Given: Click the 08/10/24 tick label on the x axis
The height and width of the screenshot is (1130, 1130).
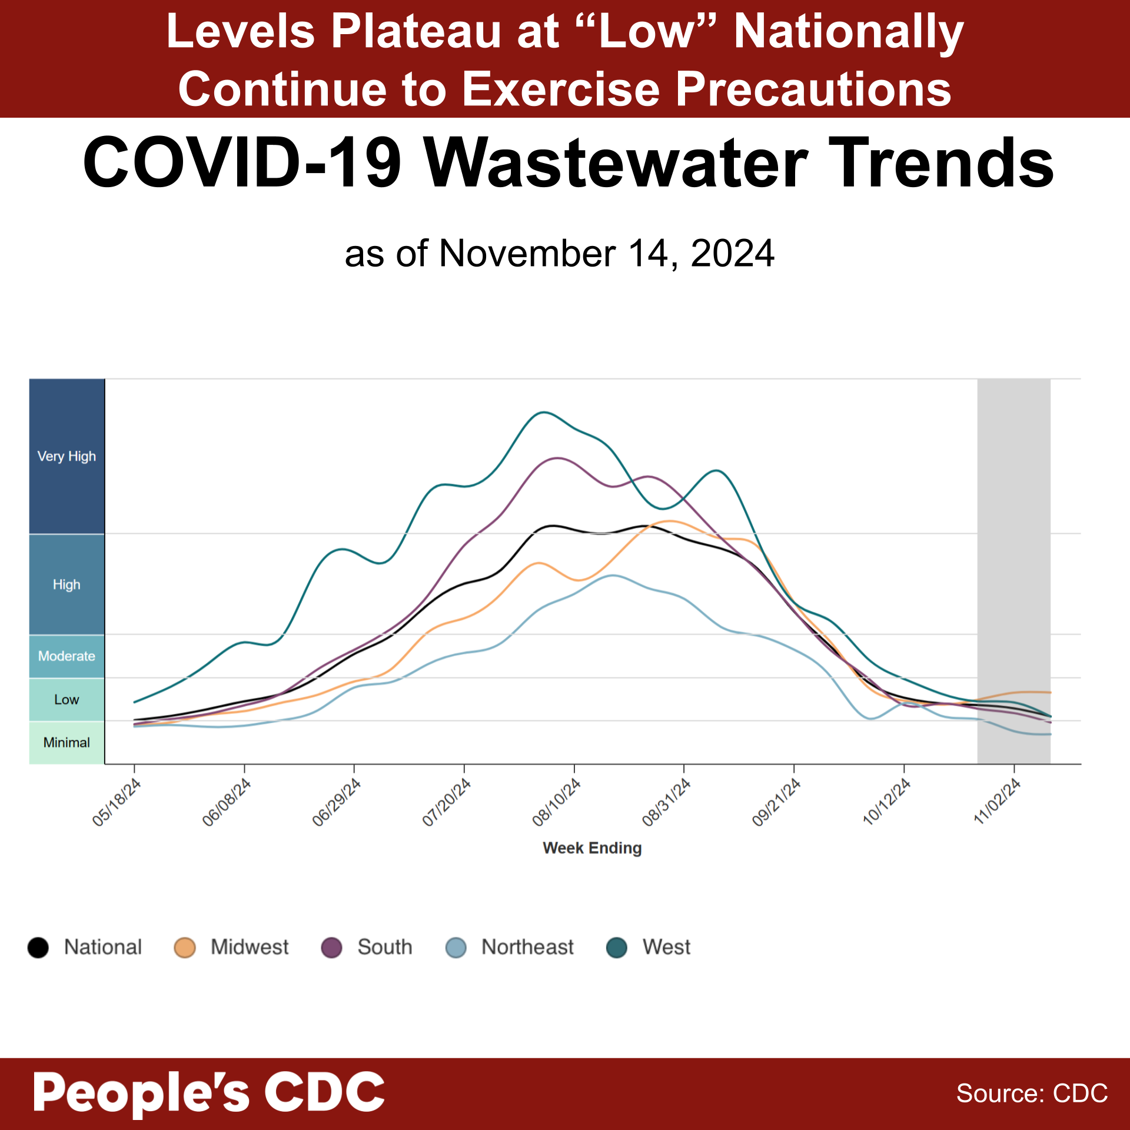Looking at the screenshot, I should [x=557, y=802].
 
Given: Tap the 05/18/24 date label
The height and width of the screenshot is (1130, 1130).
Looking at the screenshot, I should [x=117, y=802].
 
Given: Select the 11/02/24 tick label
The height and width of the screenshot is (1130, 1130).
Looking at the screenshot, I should [x=997, y=802].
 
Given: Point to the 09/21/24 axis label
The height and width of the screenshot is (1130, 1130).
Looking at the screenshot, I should [x=777, y=802].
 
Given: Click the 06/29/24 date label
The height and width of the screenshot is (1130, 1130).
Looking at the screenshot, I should [x=337, y=802].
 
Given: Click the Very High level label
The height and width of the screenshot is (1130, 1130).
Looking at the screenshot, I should [x=67, y=456].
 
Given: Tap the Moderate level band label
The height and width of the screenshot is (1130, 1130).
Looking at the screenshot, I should [x=67, y=656].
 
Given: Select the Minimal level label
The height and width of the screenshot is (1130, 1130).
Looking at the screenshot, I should [x=67, y=742].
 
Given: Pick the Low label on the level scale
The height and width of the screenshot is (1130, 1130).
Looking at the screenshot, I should [x=67, y=699].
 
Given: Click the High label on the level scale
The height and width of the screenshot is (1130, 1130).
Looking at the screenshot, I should [x=67, y=584].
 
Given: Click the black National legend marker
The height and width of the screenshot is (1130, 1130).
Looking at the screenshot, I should [x=38, y=948].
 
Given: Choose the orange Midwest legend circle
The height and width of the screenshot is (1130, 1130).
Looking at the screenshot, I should [x=185, y=948].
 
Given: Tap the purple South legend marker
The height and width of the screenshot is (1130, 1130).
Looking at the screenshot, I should [x=332, y=948].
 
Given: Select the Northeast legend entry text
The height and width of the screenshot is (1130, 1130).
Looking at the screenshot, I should [x=527, y=947].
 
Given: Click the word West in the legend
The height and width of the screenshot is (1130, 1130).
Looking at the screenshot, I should [x=666, y=947].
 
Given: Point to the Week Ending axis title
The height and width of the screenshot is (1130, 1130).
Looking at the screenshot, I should [x=592, y=848].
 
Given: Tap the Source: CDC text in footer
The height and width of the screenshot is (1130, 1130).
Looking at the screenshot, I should [x=1032, y=1094].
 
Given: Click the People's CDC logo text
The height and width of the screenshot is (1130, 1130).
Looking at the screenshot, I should [x=209, y=1092].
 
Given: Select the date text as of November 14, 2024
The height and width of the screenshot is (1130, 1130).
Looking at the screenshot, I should [x=559, y=254].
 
